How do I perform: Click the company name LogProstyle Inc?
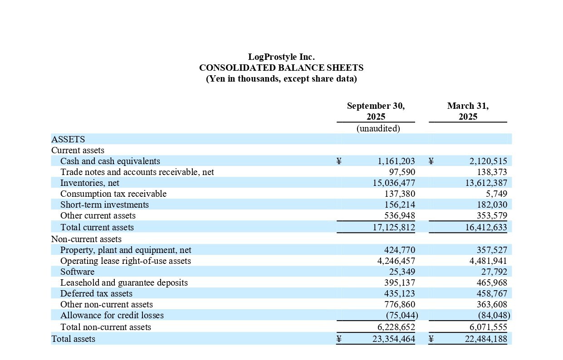(281, 57)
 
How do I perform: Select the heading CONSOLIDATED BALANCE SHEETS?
(281, 68)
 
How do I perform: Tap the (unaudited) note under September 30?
(378, 128)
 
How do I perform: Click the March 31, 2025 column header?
(468, 111)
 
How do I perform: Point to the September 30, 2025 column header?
(376, 111)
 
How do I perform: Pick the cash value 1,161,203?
(396, 161)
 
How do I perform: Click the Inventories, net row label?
(90, 183)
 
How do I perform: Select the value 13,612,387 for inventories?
(486, 183)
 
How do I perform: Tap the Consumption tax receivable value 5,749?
(496, 194)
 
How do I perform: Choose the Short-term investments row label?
(104, 204)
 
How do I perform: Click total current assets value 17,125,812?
(393, 227)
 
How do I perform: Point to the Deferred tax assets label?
(96, 293)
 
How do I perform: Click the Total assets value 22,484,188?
(486, 339)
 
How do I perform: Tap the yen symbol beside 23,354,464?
(339, 339)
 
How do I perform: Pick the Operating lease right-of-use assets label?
(126, 261)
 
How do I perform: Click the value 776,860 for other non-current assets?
(399, 304)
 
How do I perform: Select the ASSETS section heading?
(68, 139)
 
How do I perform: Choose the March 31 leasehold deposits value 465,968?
(491, 282)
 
